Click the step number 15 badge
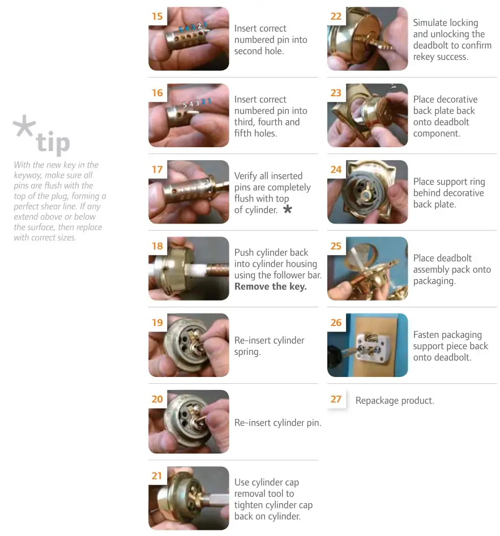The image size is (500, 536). click(157, 16)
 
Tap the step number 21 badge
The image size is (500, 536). click(157, 475)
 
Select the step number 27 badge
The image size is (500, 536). click(336, 399)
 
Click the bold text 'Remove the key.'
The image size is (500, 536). click(270, 286)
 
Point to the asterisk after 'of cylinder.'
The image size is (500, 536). click(288, 210)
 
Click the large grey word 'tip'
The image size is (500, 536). click(53, 143)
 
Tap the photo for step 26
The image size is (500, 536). click(367, 345)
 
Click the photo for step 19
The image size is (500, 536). click(189, 345)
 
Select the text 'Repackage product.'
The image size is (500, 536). click(395, 400)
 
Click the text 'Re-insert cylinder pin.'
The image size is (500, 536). click(277, 422)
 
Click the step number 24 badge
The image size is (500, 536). click(336, 169)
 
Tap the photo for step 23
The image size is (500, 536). click(367, 115)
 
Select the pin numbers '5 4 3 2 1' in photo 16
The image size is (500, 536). click(195, 103)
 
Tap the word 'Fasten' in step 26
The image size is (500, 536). click(428, 335)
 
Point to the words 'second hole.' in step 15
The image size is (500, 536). click(259, 51)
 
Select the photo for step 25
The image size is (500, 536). click(367, 268)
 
